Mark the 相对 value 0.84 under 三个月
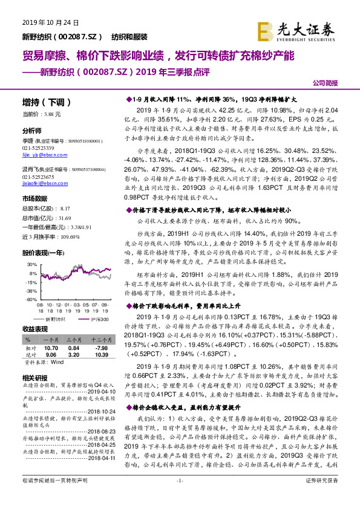pos(74,348)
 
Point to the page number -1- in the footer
pos(179,497)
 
